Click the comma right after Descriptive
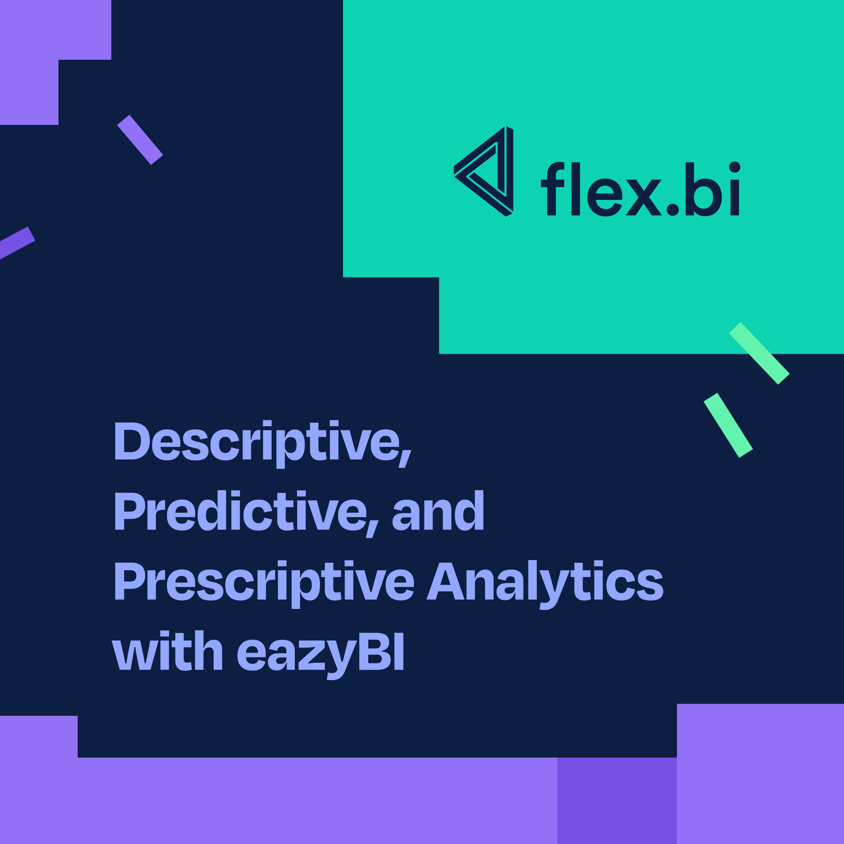coord(404,459)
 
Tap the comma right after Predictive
coord(372,529)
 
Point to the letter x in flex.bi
coord(643,197)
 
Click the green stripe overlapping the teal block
coord(759,353)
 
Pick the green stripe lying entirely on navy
coord(728,425)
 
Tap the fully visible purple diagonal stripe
coord(140,140)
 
